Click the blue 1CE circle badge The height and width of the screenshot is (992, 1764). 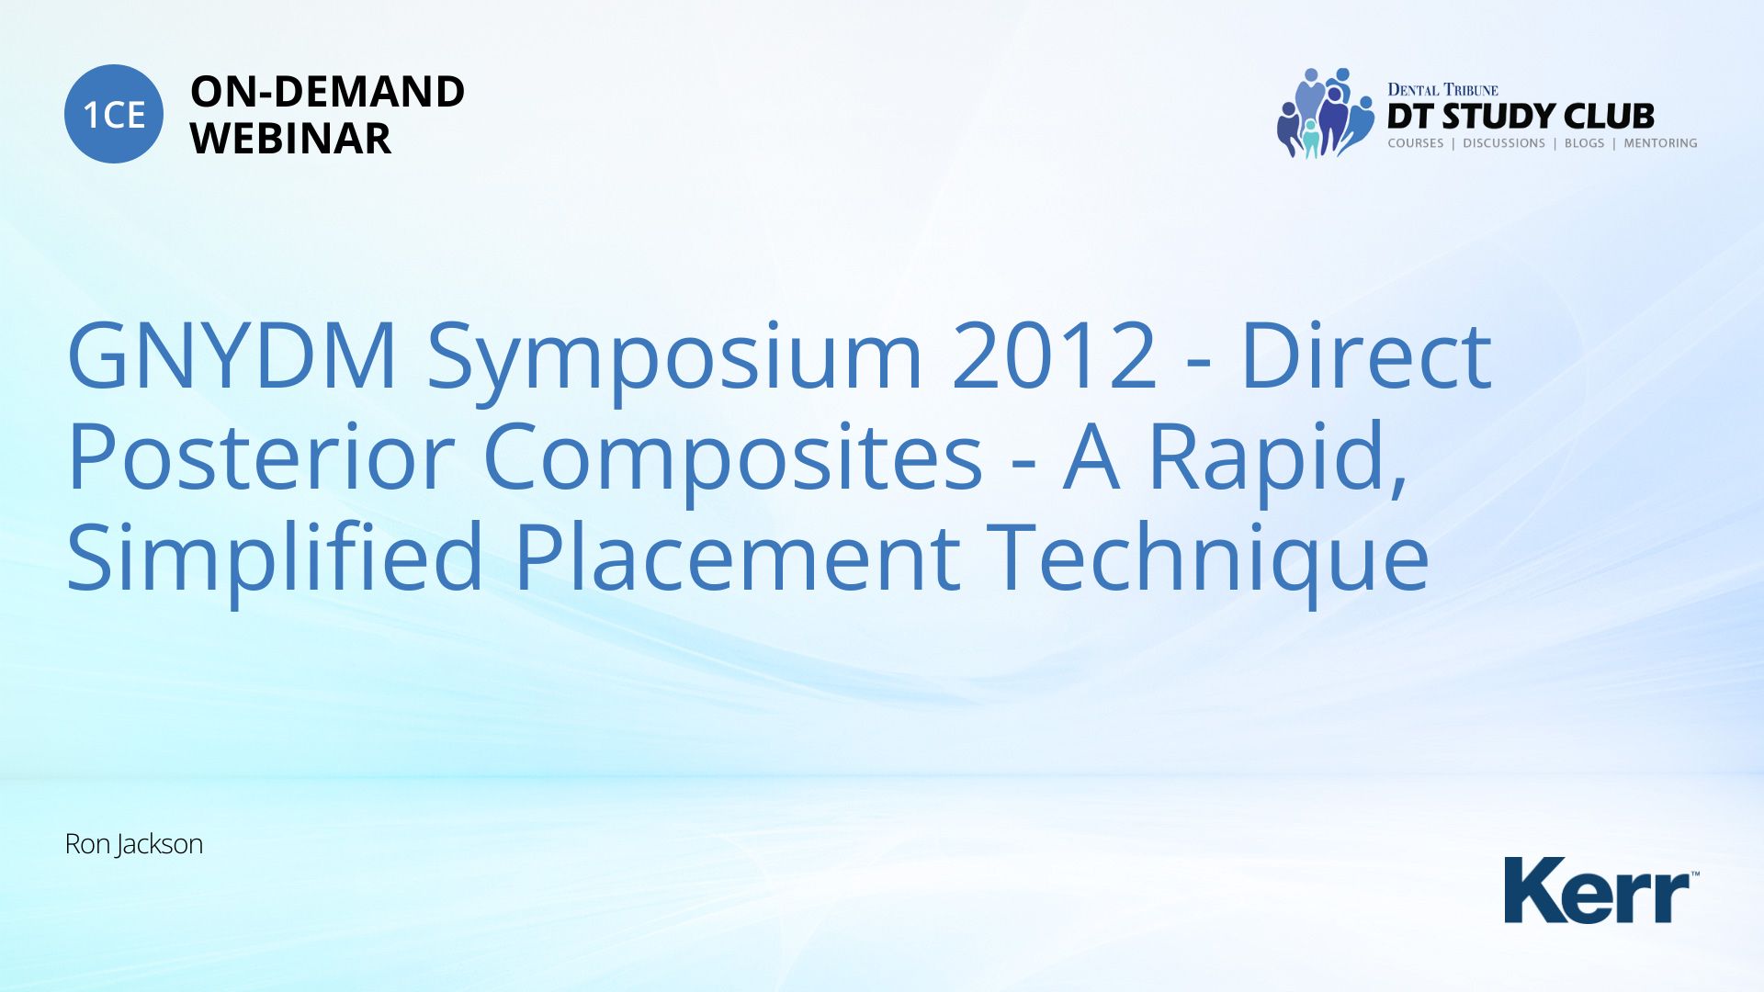pyautogui.click(x=114, y=114)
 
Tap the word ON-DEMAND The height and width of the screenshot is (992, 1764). pyautogui.click(x=327, y=92)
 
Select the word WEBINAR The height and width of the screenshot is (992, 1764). pyautogui.click(x=290, y=139)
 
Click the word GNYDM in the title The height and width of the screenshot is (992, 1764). pyautogui.click(x=232, y=355)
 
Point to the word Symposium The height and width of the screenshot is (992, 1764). pyautogui.click(x=675, y=361)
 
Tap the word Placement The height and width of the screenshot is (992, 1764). pyautogui.click(x=738, y=557)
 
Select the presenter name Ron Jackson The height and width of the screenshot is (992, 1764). pyautogui.click(x=134, y=844)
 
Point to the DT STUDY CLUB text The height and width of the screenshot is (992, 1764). pyautogui.click(x=1521, y=117)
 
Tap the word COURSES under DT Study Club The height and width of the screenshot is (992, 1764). pyautogui.click(x=1416, y=143)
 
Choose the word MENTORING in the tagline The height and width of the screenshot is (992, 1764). pyautogui.click(x=1660, y=143)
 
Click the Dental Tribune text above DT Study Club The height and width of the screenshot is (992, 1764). pyautogui.click(x=1442, y=90)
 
